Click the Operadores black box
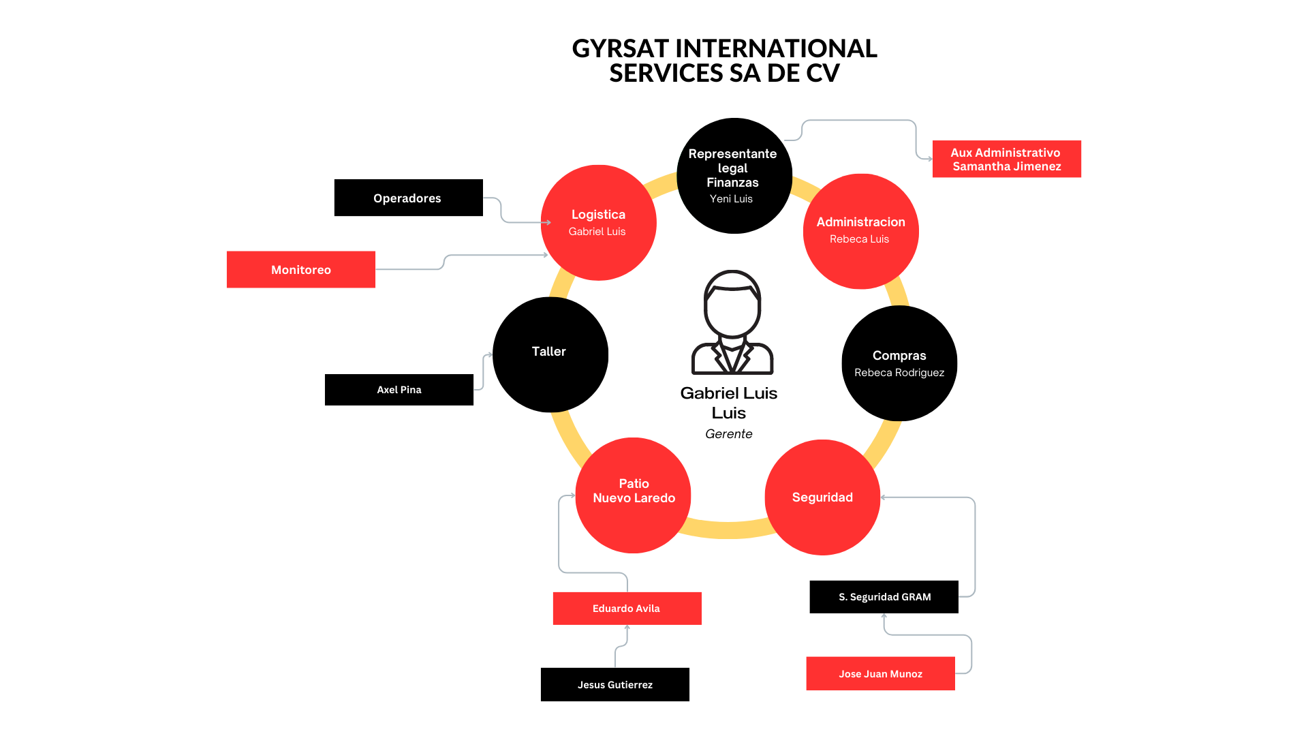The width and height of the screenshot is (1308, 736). coord(408,198)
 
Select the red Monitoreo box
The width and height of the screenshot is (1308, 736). coord(300,269)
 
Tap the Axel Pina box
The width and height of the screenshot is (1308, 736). coord(399,390)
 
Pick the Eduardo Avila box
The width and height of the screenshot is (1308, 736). coord(627,608)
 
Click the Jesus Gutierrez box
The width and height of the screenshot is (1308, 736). coord(614,684)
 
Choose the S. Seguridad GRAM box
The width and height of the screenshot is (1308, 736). coord(884,597)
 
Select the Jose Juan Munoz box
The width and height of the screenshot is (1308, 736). coord(880,673)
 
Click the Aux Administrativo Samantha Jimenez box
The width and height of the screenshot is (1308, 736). coord(1006,159)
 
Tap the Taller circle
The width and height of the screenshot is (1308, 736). coord(550,354)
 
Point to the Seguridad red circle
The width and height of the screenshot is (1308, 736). coord(822,497)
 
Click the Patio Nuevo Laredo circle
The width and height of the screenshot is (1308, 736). coord(634,495)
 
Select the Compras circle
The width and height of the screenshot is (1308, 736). coord(899,363)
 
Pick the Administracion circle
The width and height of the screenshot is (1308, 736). coord(860,231)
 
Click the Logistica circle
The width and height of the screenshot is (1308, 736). coord(598,222)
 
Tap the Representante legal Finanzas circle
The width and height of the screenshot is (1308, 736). coord(734,175)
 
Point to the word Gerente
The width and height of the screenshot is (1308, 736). coord(728,434)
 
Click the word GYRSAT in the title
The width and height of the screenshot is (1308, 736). coord(620,49)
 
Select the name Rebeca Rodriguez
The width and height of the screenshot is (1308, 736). coord(899,373)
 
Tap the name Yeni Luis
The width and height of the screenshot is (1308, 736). coord(731,199)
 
